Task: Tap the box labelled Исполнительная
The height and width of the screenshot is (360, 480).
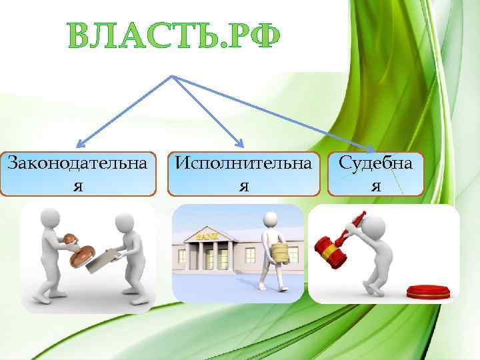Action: [243, 174]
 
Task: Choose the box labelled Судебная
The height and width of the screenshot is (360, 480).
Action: [375, 173]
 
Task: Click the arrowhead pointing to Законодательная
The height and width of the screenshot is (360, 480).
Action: [78, 143]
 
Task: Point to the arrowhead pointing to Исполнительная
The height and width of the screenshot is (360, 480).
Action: [242, 143]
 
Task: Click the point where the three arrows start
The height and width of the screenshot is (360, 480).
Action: [174, 75]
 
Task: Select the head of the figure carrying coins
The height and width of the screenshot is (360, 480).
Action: [270, 220]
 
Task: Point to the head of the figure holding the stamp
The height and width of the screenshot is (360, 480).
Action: [50, 217]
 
